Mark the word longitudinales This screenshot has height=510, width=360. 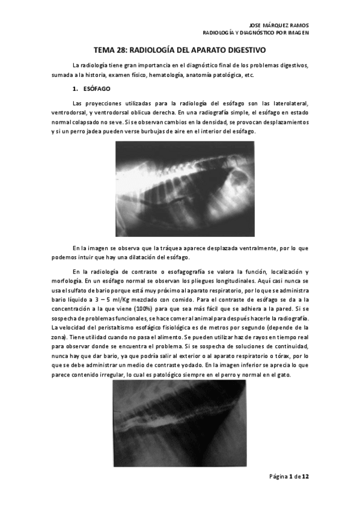[235, 281]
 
